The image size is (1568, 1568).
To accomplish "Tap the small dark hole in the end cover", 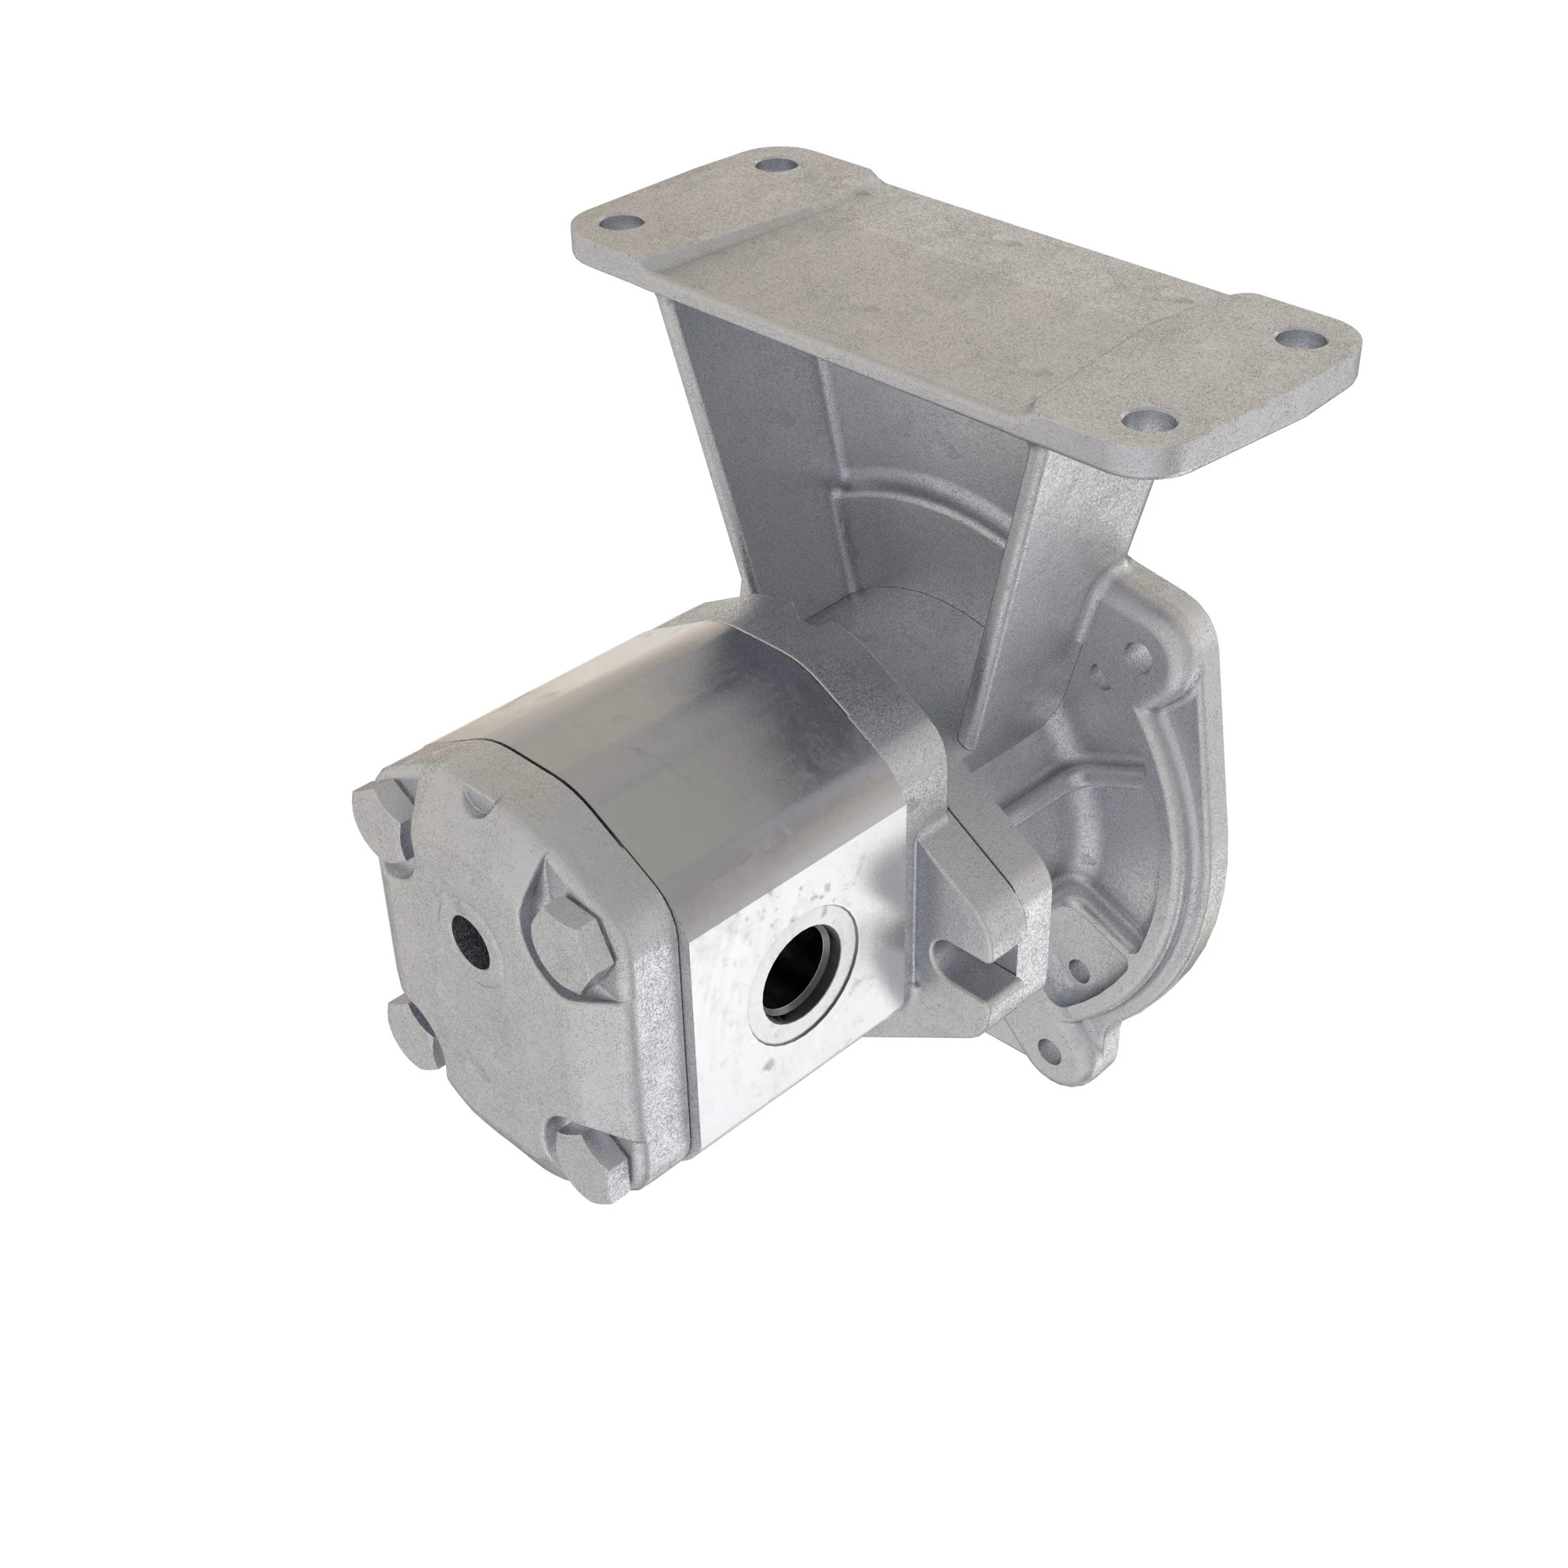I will pyautogui.click(x=470, y=942).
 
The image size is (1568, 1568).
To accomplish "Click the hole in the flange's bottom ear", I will pyautogui.click(x=1052, y=1052).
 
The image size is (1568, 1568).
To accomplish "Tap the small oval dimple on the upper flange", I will pyautogui.click(x=1101, y=676).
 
